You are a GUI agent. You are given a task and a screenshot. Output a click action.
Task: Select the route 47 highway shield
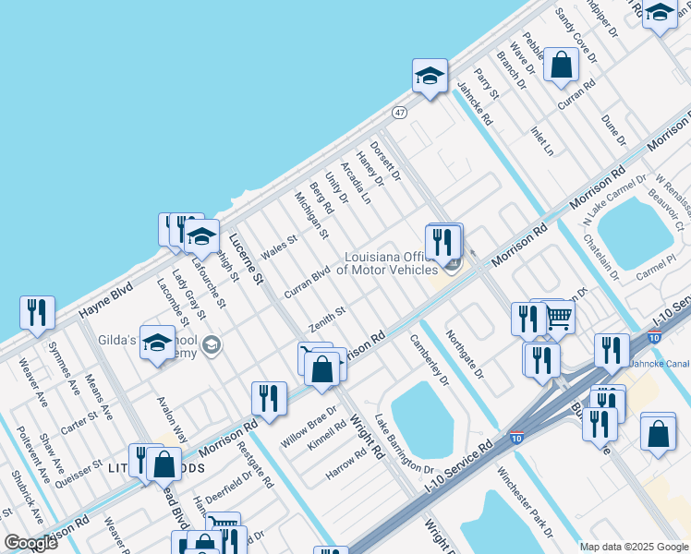pyautogui.click(x=398, y=113)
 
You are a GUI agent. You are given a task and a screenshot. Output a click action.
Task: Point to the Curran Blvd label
pyautogui.click(x=307, y=283)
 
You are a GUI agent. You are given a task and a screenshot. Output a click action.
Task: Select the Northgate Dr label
pyautogui.click(x=465, y=355)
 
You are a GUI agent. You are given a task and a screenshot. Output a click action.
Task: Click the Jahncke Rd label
pyautogui.click(x=474, y=103)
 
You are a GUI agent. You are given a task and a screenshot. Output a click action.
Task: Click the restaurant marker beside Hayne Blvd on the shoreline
pyautogui.click(x=37, y=313)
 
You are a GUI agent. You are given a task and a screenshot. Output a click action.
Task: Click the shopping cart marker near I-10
pyautogui.click(x=557, y=318)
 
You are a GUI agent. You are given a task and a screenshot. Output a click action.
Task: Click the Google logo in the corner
pyautogui.click(x=30, y=543)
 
